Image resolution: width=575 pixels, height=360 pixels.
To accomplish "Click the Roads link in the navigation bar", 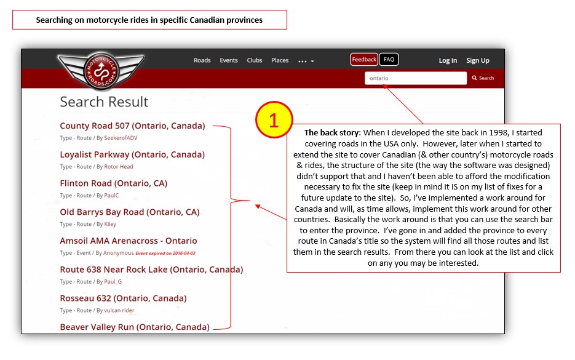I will (202, 60).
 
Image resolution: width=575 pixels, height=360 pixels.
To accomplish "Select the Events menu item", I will (229, 60).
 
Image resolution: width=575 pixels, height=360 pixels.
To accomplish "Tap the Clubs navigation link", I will (255, 60).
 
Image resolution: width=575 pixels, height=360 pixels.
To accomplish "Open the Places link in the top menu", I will (280, 60).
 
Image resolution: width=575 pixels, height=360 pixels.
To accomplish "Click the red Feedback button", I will (364, 60).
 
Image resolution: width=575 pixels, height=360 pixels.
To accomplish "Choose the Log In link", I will (448, 60).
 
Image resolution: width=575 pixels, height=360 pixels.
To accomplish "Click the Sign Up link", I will (478, 60).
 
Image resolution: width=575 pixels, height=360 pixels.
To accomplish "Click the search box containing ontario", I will (415, 78).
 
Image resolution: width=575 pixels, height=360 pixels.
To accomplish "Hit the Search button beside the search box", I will (483, 78).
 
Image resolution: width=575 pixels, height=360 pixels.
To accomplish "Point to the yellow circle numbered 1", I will (274, 119).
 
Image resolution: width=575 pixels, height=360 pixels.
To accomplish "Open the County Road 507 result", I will (132, 126).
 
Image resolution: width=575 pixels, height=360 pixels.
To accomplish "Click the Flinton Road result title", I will (113, 183).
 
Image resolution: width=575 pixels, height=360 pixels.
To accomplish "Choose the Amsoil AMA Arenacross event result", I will (129, 241).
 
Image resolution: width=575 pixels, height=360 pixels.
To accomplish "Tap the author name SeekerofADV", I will (121, 138).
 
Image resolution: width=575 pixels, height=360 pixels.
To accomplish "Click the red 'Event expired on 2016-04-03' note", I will (165, 253).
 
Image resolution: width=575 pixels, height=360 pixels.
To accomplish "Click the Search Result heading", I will (105, 102).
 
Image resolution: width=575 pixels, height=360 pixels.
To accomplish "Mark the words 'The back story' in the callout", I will (330, 132).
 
